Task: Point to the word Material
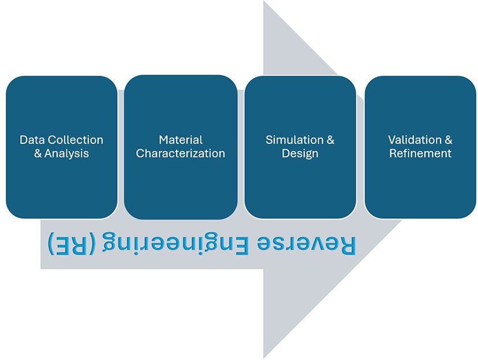(x=181, y=140)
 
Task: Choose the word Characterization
(x=181, y=154)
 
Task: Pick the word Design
(x=300, y=154)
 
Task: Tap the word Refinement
(x=420, y=154)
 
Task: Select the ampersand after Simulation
(x=330, y=140)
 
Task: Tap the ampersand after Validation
(x=449, y=140)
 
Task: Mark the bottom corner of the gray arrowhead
(x=264, y=357)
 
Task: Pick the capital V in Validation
(x=391, y=140)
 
